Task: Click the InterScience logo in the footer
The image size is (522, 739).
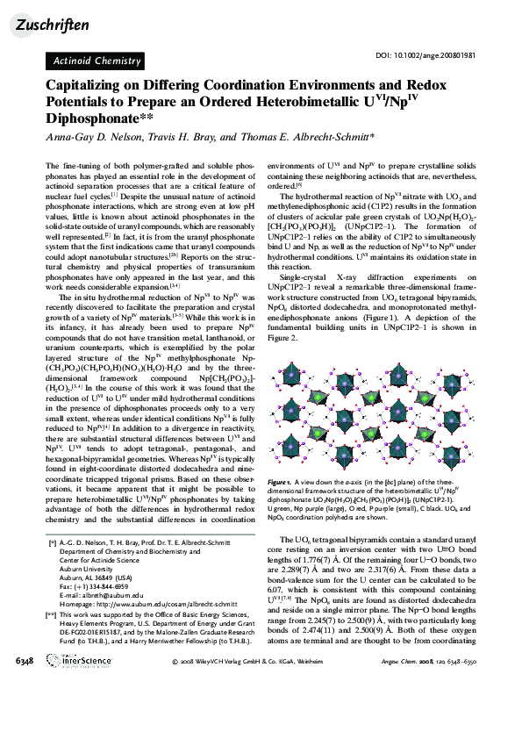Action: tap(69, 708)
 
